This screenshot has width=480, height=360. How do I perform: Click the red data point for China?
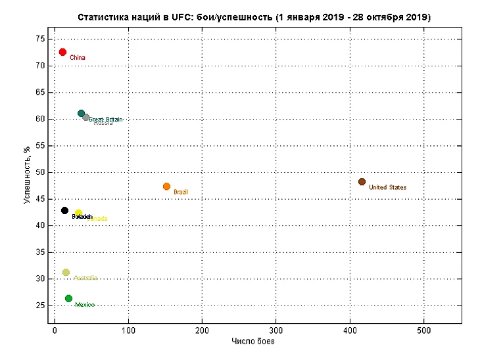[62, 52]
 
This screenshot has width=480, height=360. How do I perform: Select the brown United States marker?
[362, 182]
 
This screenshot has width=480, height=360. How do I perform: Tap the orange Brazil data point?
[166, 187]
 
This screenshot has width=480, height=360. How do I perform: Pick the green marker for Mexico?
[68, 299]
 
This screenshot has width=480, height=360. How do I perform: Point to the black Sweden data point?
[64, 210]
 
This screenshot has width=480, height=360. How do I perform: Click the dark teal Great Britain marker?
[81, 114]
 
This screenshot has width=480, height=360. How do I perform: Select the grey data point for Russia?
[86, 118]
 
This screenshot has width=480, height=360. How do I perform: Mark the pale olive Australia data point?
[66, 273]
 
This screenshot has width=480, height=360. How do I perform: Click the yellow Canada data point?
[78, 214]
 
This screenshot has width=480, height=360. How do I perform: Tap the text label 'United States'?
[387, 188]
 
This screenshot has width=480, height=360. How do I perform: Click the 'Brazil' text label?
[181, 192]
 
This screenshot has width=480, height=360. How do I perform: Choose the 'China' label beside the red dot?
[78, 58]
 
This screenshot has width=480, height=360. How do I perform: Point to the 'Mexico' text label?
[85, 305]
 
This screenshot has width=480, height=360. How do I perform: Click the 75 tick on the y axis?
[41, 39]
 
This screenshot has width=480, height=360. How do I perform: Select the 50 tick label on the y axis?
[41, 172]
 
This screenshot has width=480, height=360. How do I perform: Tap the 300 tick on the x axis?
[276, 330]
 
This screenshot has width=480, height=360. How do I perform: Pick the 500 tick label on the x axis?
[424, 330]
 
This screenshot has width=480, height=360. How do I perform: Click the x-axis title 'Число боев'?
[253, 342]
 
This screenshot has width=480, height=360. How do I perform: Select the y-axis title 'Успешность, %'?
[27, 175]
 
